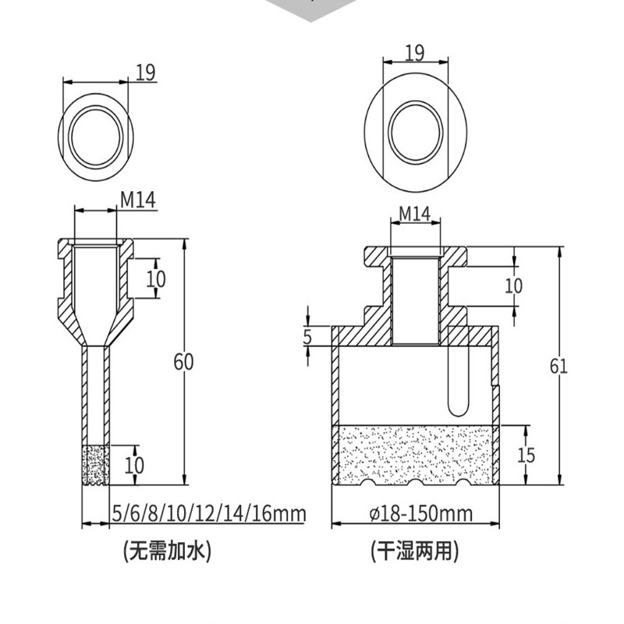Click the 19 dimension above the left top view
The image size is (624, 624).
[x=145, y=73]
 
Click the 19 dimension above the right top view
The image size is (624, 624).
[x=414, y=52]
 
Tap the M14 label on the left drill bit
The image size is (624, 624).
[x=137, y=200]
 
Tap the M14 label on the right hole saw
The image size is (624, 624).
[x=414, y=213]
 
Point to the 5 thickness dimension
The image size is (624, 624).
[x=307, y=337]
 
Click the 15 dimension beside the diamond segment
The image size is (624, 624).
[x=526, y=455]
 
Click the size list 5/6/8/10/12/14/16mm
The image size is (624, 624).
[x=208, y=513]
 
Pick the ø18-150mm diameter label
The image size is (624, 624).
[x=421, y=513]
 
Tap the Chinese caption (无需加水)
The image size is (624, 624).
[x=168, y=551]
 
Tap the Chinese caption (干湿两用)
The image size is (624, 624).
[x=414, y=551]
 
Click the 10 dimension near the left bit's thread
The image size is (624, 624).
[x=156, y=278]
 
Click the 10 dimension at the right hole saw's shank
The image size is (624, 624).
[x=513, y=285]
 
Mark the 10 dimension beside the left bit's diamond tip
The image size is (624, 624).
[x=135, y=466]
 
